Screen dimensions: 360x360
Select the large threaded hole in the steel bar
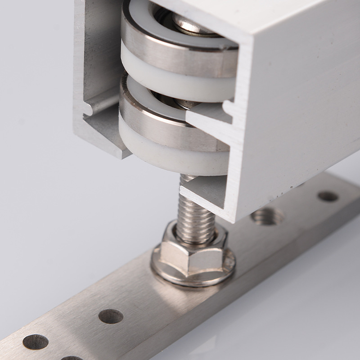pyautogui.click(x=267, y=216)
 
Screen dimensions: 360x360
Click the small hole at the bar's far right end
pyautogui.click(x=328, y=196)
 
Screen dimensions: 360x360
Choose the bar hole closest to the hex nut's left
pyautogui.click(x=111, y=316)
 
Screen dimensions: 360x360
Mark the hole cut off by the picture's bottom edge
pyautogui.click(x=72, y=358)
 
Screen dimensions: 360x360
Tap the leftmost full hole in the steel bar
pyautogui.click(x=36, y=342)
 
